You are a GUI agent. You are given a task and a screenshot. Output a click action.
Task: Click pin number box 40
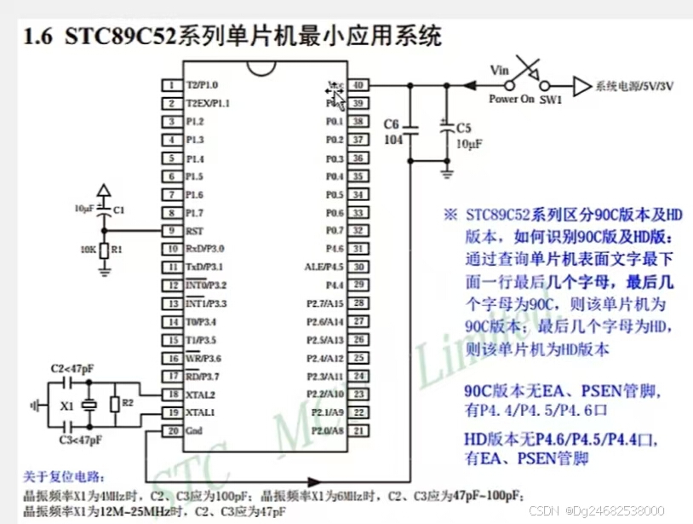[x=359, y=85]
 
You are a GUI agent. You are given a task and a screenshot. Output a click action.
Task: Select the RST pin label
[x=194, y=230]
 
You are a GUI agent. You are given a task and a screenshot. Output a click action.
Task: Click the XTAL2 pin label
[x=201, y=394]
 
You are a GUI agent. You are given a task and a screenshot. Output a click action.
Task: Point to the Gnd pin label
[x=194, y=431]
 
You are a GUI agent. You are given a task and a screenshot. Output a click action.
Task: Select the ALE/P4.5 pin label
[x=324, y=267]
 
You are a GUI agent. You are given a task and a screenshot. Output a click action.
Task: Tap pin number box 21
[x=359, y=431]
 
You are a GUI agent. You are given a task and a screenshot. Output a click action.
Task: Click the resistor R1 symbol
[x=104, y=250]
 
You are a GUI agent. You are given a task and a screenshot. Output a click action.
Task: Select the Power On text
[x=511, y=99]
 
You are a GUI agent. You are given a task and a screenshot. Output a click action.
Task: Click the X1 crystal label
[x=67, y=407]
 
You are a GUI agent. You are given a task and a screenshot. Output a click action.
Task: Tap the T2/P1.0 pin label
[x=202, y=85]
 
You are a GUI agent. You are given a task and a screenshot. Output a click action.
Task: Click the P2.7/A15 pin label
[x=325, y=303]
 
